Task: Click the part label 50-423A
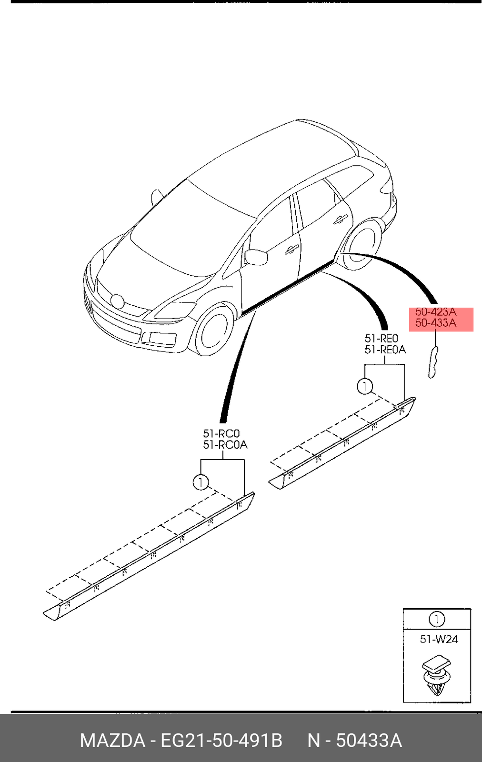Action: point(435,312)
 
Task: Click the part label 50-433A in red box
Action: point(435,323)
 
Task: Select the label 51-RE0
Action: point(381,338)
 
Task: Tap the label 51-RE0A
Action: point(385,350)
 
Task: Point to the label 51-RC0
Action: point(221,433)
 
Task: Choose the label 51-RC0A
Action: point(225,445)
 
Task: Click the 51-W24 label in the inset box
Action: point(438,639)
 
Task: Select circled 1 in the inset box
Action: point(436,620)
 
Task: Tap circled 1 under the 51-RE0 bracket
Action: point(364,386)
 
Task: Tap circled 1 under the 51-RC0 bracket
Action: point(201,482)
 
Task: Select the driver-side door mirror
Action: point(257,257)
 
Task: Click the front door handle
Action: point(291,249)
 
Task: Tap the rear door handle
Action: point(340,219)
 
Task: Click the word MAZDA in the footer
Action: point(112,741)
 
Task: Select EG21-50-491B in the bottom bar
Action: point(221,741)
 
